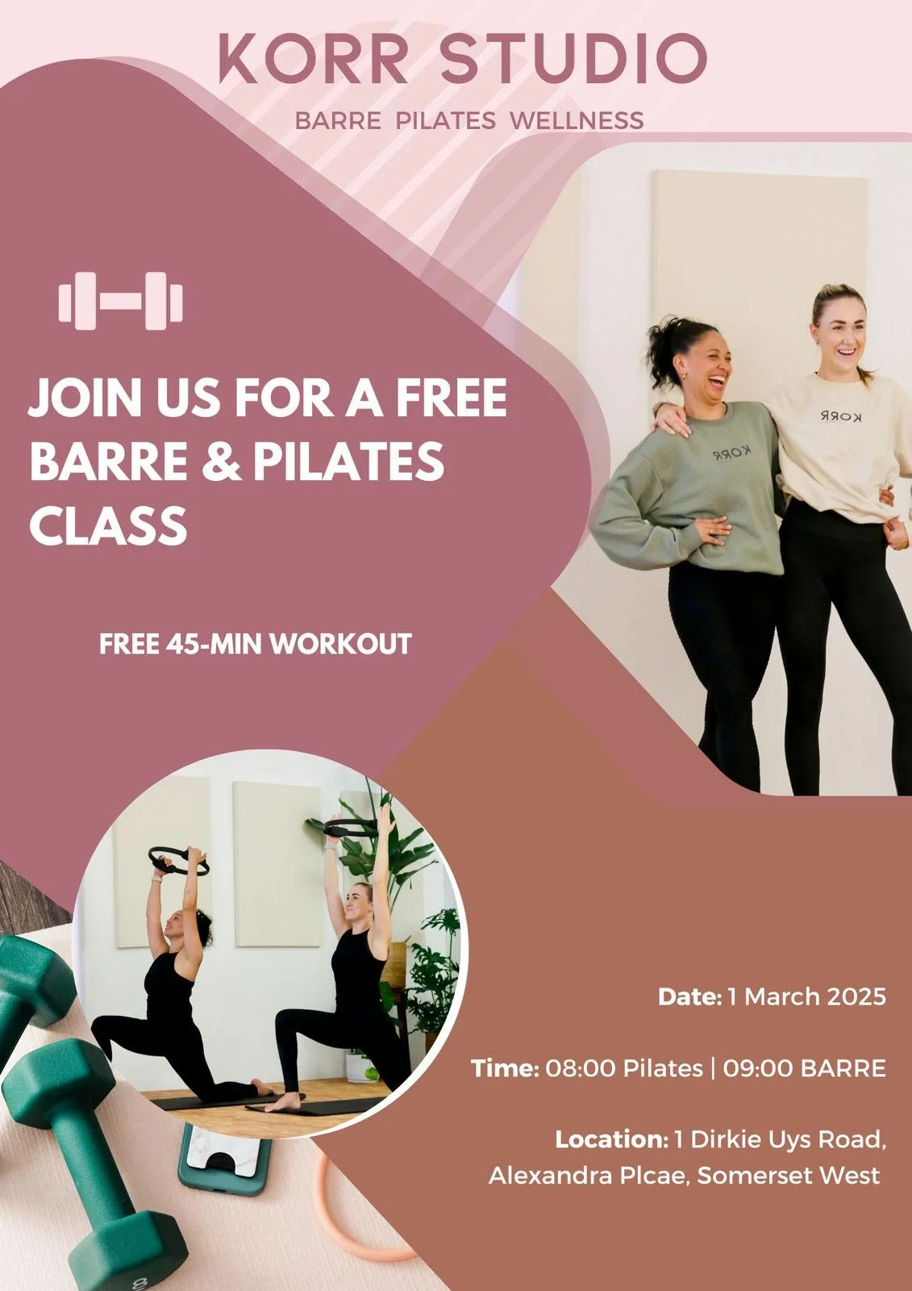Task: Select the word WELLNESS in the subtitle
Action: [x=577, y=121]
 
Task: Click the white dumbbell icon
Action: [x=121, y=302]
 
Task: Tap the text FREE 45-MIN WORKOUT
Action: [x=256, y=645]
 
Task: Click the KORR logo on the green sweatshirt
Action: [x=731, y=454]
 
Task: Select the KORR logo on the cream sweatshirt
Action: [x=840, y=416]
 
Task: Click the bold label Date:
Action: [x=689, y=996]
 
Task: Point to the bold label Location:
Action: [x=611, y=1139]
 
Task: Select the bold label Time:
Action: [x=505, y=1068]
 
